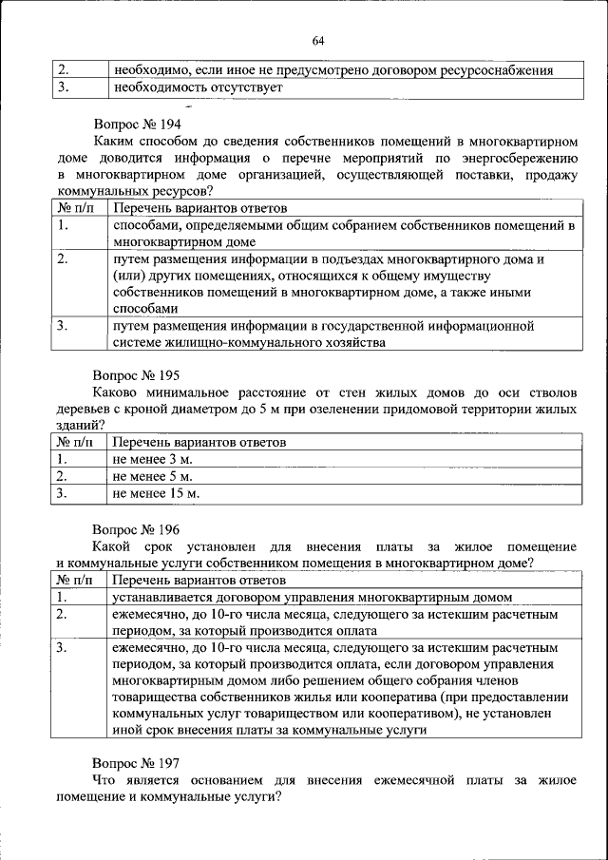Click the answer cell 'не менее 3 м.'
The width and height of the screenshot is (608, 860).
(152, 459)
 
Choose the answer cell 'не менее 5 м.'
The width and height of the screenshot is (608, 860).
(152, 476)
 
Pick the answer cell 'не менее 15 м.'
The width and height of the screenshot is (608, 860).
(156, 493)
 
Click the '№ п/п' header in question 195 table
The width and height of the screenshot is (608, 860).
(76, 442)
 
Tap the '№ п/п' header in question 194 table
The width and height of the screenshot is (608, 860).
(76, 208)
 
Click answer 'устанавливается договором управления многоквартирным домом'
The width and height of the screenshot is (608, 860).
(313, 597)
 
